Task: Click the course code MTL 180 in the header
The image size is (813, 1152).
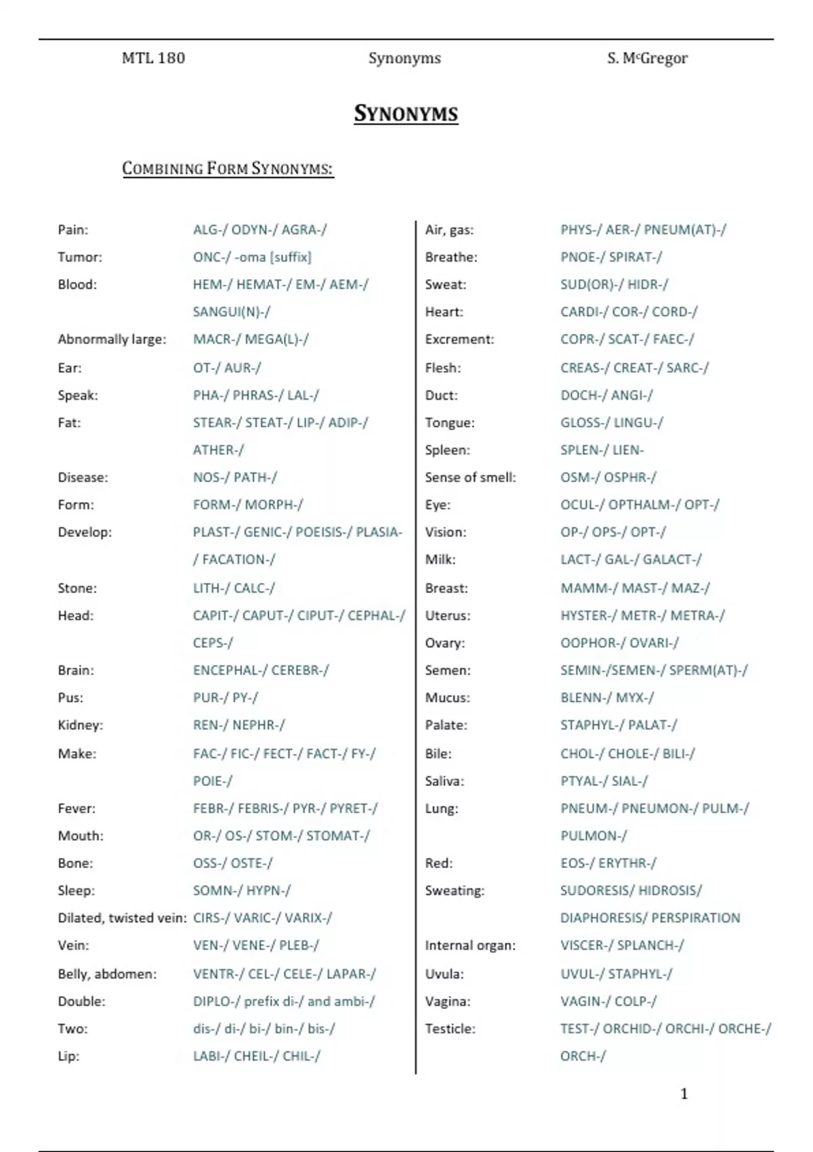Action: click(x=153, y=58)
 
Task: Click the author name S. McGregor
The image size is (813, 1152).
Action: click(x=647, y=58)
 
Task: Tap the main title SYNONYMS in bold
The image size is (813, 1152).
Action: click(x=406, y=113)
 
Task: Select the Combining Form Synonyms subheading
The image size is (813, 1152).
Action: click(x=228, y=168)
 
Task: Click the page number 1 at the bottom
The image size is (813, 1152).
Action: click(x=684, y=1093)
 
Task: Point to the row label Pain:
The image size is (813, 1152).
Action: click(x=73, y=230)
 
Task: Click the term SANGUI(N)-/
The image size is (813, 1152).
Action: click(x=232, y=312)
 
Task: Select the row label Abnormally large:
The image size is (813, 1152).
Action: click(x=112, y=339)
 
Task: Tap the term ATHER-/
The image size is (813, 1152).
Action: click(x=218, y=450)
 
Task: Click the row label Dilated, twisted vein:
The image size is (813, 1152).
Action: click(x=122, y=918)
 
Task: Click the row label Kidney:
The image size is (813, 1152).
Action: click(x=81, y=725)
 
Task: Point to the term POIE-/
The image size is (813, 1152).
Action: click(x=213, y=781)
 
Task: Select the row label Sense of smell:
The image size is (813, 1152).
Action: click(x=470, y=477)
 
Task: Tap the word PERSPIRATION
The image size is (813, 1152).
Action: click(x=695, y=918)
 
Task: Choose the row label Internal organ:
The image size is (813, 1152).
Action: click(x=470, y=945)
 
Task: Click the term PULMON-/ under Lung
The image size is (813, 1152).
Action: click(x=593, y=836)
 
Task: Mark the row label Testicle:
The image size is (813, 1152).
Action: click(x=450, y=1029)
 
